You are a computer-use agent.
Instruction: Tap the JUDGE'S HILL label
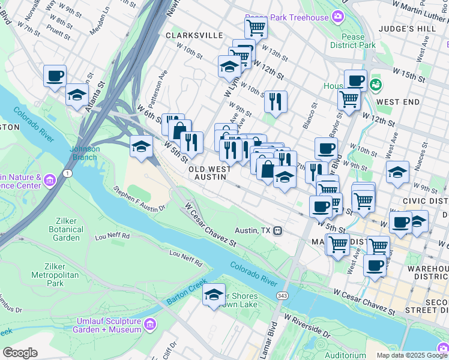click(x=415, y=29)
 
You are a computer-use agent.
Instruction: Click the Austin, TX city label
click(x=253, y=230)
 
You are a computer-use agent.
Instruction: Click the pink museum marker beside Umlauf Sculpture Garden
click(x=150, y=325)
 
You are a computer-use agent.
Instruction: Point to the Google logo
click(x=20, y=353)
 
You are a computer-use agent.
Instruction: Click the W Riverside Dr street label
click(x=307, y=325)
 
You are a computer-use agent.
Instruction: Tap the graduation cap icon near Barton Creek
click(x=214, y=295)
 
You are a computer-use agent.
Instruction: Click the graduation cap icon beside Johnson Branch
click(x=141, y=146)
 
